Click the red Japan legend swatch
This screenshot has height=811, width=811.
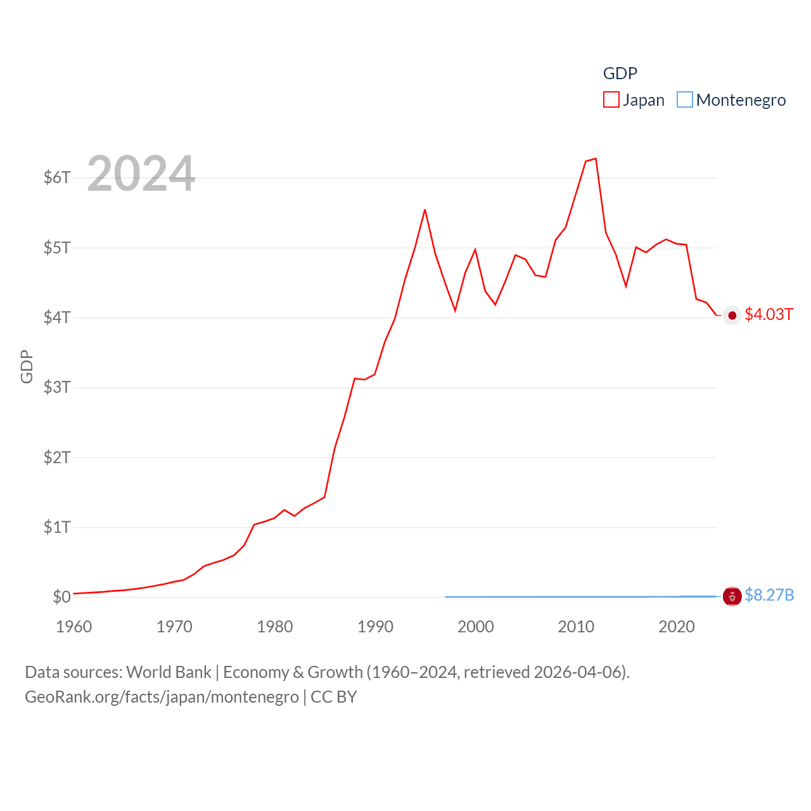pyautogui.click(x=611, y=100)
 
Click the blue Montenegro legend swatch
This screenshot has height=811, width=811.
pyautogui.click(x=684, y=100)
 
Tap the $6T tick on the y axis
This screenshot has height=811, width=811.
pyautogui.click(x=57, y=177)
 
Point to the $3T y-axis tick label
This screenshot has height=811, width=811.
pyautogui.click(x=57, y=387)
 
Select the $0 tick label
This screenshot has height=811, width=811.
pyautogui.click(x=61, y=597)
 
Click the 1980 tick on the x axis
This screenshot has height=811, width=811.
pyautogui.click(x=274, y=627)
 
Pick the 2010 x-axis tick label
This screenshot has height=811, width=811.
pyautogui.click(x=576, y=627)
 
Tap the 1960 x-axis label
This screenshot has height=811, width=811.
pyautogui.click(x=74, y=627)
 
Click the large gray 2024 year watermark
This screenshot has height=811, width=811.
pyautogui.click(x=141, y=174)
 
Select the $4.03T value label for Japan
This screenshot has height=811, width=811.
pyautogui.click(x=769, y=315)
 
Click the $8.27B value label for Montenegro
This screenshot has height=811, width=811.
pyautogui.click(x=769, y=595)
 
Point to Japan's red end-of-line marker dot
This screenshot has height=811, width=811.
pyautogui.click(x=732, y=316)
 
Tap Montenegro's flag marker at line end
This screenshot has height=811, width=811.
pyautogui.click(x=732, y=596)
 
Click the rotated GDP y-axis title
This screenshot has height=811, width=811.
pyautogui.click(x=27, y=366)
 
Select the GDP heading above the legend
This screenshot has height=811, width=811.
pyautogui.click(x=620, y=73)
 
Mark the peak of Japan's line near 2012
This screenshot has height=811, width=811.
pyautogui.click(x=596, y=159)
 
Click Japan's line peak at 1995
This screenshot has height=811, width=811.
pyautogui.click(x=425, y=210)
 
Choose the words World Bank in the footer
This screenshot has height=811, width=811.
pyautogui.click(x=169, y=672)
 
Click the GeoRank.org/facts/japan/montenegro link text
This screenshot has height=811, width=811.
pyautogui.click(x=162, y=697)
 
